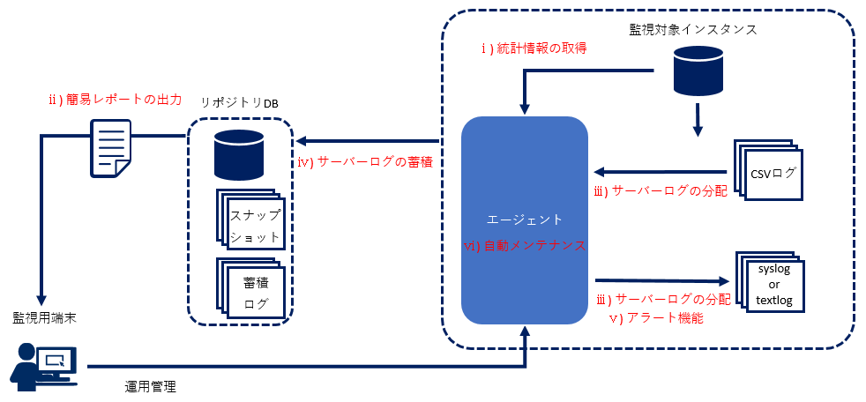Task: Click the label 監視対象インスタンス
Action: [x=694, y=29]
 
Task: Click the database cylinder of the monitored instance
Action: [x=698, y=71]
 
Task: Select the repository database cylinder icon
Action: [x=239, y=154]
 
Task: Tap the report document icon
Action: [x=110, y=148]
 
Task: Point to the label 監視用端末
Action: [x=43, y=317]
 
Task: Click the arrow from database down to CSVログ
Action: [x=698, y=119]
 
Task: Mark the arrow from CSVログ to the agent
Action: [x=659, y=171]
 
